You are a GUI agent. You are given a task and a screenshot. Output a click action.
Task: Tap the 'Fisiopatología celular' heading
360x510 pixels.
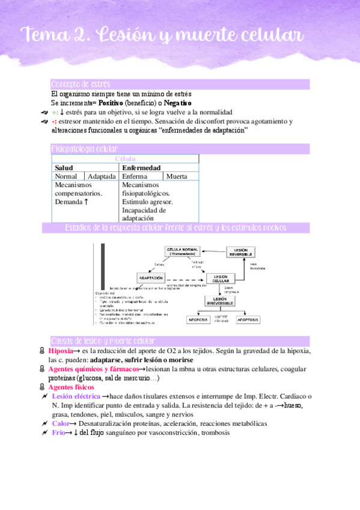tap(85, 149)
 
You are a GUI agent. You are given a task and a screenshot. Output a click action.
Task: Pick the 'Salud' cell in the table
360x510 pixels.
tap(64, 168)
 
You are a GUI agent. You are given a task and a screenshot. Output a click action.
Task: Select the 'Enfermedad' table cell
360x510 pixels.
tap(141, 168)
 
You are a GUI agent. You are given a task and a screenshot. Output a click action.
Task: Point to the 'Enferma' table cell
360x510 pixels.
tap(135, 177)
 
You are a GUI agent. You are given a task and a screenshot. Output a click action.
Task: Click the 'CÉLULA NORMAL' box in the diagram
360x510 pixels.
tap(182, 252)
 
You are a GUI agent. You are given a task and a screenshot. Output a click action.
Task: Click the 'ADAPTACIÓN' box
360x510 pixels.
tap(151, 278)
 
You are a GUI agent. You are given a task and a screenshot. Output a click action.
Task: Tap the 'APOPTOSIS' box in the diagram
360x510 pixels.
tap(247, 320)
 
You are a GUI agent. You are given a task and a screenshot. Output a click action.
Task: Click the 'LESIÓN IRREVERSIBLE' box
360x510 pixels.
tap(222, 301)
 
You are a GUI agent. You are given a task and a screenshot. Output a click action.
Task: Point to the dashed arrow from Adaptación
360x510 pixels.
tap(183, 279)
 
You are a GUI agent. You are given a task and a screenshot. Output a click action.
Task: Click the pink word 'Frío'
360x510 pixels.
tap(58, 432)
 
